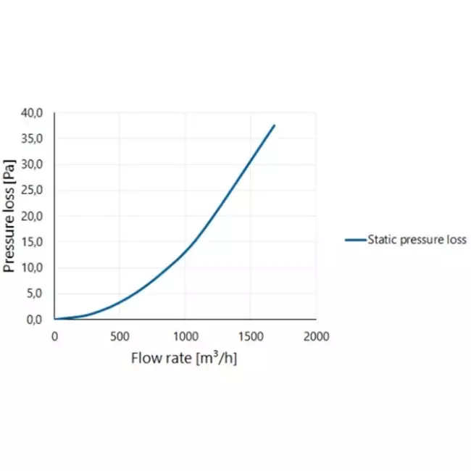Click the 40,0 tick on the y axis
coord(32,113)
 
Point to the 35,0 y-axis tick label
coord(32,139)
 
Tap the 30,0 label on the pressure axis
coord(32,164)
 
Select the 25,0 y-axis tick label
coord(32,190)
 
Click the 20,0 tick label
coord(32,216)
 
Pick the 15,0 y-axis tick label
coord(32,242)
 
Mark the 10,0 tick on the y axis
coord(32,267)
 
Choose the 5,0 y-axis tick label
coord(35,293)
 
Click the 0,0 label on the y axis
coord(35,320)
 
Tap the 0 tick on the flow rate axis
coord(54,336)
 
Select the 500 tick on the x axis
coord(120,336)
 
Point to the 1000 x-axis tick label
coord(186,336)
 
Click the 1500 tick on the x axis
coord(251,336)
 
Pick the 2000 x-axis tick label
coord(317,336)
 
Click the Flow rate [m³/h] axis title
coord(184,358)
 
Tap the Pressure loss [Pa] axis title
coord(9,216)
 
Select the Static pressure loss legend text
coord(417,240)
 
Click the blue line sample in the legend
coord(356,240)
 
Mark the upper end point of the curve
coord(274,125)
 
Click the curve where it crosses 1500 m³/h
coord(251,159)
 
